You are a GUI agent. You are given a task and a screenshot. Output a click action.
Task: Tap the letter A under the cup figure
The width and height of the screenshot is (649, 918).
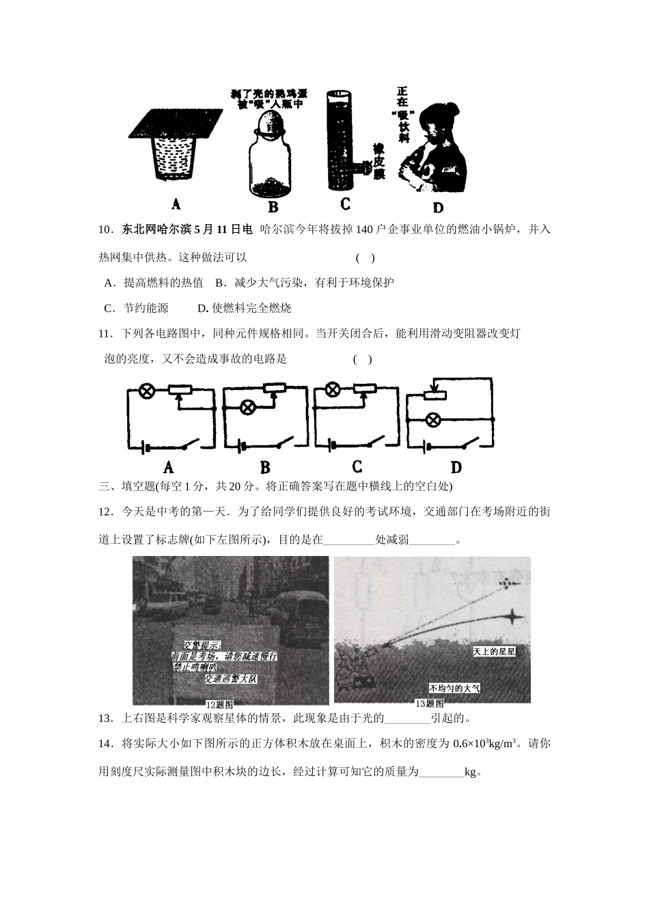tap(176, 204)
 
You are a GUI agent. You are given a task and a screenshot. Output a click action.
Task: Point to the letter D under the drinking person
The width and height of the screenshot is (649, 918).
tap(438, 208)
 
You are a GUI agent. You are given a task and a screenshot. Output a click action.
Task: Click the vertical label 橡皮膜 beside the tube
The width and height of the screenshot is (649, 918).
tap(377, 161)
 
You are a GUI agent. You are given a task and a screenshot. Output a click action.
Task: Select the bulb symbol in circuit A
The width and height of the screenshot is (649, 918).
tap(146, 391)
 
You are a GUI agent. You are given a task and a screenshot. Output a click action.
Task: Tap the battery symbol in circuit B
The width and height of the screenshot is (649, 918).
tap(242, 447)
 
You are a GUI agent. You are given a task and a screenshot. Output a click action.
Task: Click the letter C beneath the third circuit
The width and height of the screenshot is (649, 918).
tap(357, 467)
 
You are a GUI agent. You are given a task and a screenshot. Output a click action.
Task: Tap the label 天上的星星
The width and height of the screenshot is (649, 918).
tap(494, 652)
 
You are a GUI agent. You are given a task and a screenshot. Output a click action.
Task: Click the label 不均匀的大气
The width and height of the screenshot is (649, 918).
tap(454, 688)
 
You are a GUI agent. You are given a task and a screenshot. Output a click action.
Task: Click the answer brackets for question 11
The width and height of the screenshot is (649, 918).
tap(363, 360)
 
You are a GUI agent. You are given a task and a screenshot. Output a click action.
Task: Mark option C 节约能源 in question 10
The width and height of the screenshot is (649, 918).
tap(136, 308)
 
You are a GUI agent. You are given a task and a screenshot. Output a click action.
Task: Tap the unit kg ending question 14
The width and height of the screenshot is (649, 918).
tap(470, 773)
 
